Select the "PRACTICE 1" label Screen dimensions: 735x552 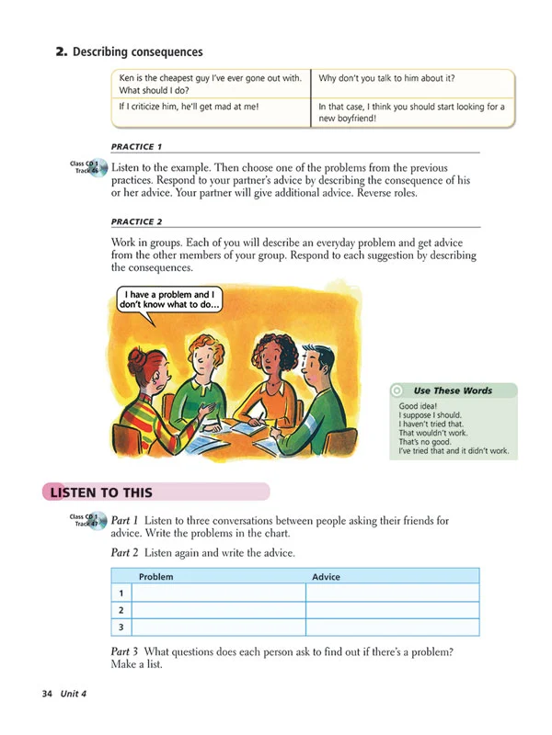tap(136, 147)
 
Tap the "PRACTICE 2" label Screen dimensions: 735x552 tap(136, 222)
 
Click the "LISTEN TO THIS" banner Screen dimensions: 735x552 tap(101, 492)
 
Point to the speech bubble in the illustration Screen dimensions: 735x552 tap(173, 301)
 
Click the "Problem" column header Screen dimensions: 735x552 tap(155, 577)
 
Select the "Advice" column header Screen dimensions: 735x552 tap(326, 577)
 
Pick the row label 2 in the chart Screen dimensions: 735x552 tap(121, 610)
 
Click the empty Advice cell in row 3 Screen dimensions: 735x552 tap(392, 628)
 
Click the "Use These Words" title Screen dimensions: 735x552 tap(452, 390)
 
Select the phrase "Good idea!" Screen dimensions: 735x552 tap(420, 405)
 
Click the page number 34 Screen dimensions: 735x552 tap(47, 693)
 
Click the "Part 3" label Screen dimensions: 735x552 tap(125, 652)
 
